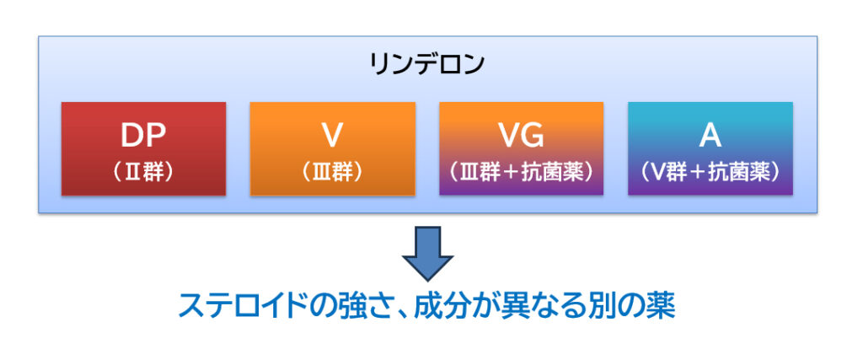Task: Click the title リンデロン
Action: tap(427, 64)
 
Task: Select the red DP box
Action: tap(143, 148)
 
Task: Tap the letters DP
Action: tap(143, 136)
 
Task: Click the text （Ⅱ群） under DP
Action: tap(143, 172)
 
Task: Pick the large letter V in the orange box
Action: tap(332, 136)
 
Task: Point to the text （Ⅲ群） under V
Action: tap(332, 172)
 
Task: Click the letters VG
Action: tap(521, 136)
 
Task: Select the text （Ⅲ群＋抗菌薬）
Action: tap(521, 172)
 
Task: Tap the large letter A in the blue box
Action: tap(710, 136)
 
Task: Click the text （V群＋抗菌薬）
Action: tap(710, 172)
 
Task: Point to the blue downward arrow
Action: tap(427, 254)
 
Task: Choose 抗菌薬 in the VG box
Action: tap(554, 172)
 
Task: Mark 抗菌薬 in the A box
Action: tap(742, 172)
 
